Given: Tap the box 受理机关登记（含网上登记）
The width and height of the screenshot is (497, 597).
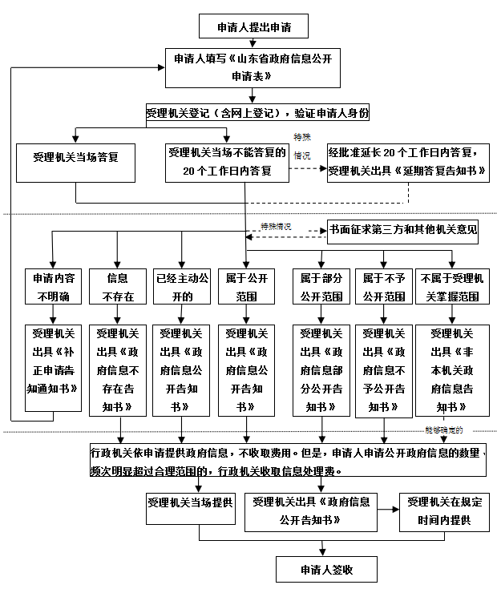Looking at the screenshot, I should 257,113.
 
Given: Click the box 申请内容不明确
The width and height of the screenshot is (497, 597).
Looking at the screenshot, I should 53,287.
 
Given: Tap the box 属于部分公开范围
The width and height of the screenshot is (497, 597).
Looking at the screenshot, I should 321,287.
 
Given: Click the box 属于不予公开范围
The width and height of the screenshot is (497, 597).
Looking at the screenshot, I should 384,287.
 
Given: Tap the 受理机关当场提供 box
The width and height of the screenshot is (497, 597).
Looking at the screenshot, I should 190,503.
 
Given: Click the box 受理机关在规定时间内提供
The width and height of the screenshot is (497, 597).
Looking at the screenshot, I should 443,511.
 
